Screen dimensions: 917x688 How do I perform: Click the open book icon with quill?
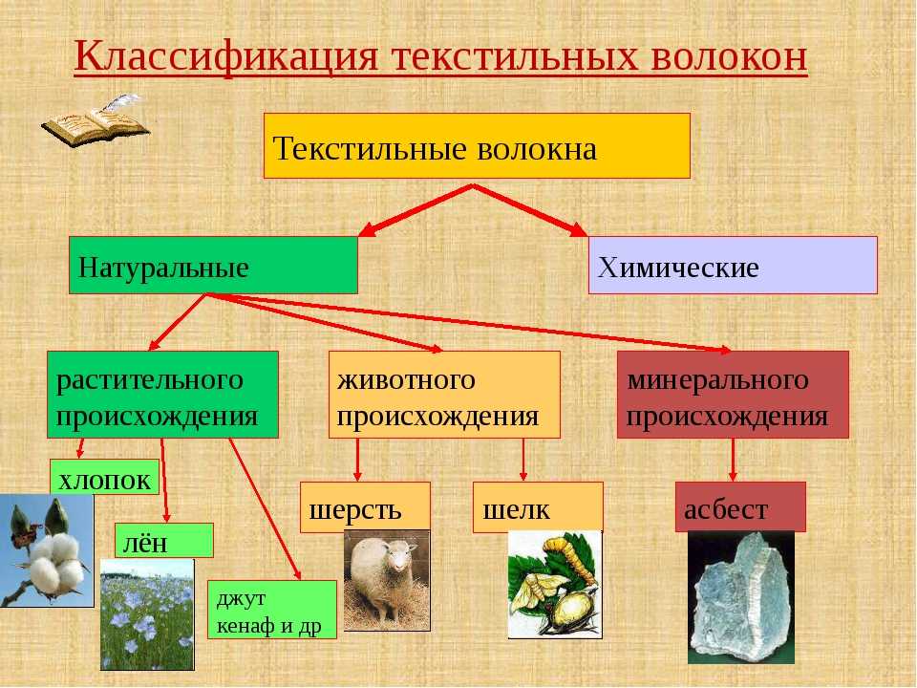(x=96, y=120)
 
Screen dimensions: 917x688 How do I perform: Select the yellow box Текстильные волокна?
(x=477, y=145)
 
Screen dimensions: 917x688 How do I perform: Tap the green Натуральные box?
(x=213, y=265)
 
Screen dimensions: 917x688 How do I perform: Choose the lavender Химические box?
(x=733, y=265)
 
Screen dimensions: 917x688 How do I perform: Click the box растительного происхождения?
(x=162, y=395)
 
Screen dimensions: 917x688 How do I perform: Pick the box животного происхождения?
(x=444, y=395)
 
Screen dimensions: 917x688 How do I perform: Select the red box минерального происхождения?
(x=733, y=395)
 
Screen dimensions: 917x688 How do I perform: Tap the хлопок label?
(x=105, y=477)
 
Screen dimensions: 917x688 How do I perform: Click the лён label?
(x=163, y=540)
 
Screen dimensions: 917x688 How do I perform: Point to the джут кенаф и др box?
(x=272, y=609)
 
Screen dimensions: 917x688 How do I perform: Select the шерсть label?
(x=365, y=507)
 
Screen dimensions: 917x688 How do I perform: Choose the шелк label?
(x=538, y=507)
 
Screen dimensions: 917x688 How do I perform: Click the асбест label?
(x=740, y=506)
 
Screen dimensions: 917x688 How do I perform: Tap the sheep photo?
(x=387, y=581)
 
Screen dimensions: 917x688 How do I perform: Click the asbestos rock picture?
(x=741, y=597)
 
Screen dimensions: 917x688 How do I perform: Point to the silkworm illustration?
(x=555, y=585)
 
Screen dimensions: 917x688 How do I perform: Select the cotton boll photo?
(x=47, y=550)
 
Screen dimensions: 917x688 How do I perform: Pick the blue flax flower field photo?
(x=147, y=614)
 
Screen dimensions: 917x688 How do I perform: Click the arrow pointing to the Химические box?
(x=530, y=210)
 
